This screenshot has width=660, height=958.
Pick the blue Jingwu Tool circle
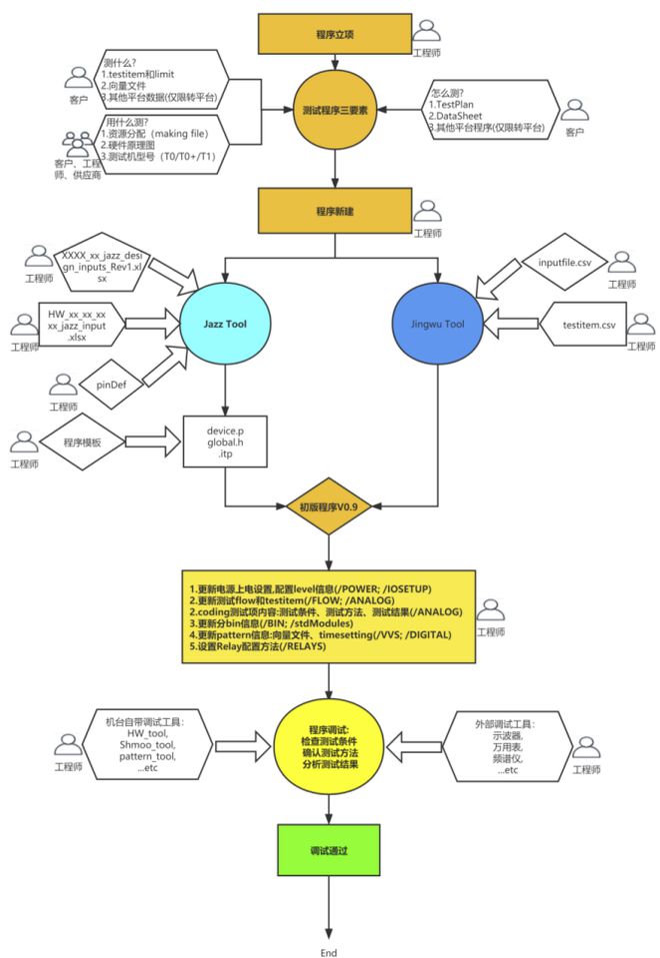[437, 323]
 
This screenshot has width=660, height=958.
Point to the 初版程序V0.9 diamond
[329, 506]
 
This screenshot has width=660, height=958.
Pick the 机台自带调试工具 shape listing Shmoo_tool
[147, 744]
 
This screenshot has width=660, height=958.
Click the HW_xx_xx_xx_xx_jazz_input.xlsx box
[84, 325]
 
